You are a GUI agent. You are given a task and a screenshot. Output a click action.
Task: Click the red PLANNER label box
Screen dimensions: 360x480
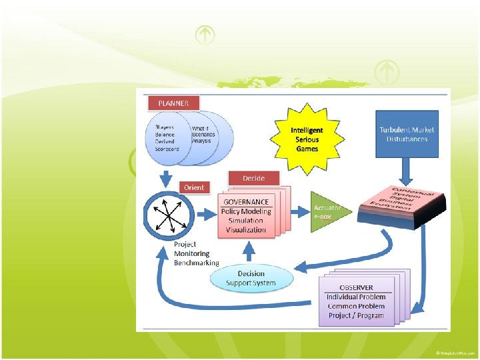tap(173, 103)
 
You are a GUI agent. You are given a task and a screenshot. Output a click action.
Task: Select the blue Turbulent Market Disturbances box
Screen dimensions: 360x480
tap(407, 134)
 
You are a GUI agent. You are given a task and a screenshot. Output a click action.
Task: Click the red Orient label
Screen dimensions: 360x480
tap(194, 187)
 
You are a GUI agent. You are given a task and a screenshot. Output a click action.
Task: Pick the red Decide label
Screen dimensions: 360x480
tap(253, 178)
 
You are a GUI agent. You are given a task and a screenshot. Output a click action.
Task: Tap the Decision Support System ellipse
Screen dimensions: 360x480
tap(251, 278)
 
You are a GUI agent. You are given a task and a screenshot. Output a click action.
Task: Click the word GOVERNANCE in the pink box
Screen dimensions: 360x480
tap(246, 202)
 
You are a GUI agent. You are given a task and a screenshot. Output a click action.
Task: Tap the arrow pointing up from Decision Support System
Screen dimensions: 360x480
tap(250, 251)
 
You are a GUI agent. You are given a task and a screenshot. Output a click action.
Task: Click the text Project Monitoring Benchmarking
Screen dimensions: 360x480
tap(196, 253)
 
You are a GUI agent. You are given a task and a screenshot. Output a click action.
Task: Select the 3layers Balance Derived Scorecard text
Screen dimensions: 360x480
tap(167, 138)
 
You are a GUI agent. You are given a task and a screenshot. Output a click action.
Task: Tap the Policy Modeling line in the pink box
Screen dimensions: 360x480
tap(246, 211)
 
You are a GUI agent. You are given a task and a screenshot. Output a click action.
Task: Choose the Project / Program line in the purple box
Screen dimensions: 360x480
tap(356, 315)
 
